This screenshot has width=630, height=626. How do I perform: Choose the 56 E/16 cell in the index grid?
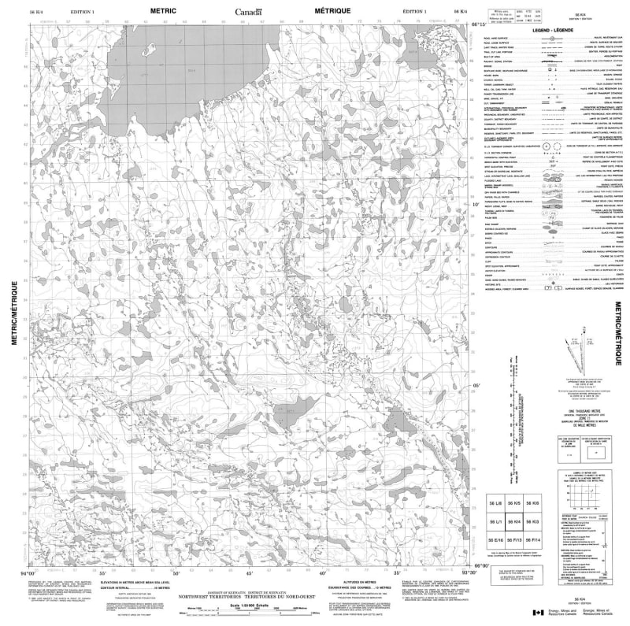pyautogui.click(x=495, y=540)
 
